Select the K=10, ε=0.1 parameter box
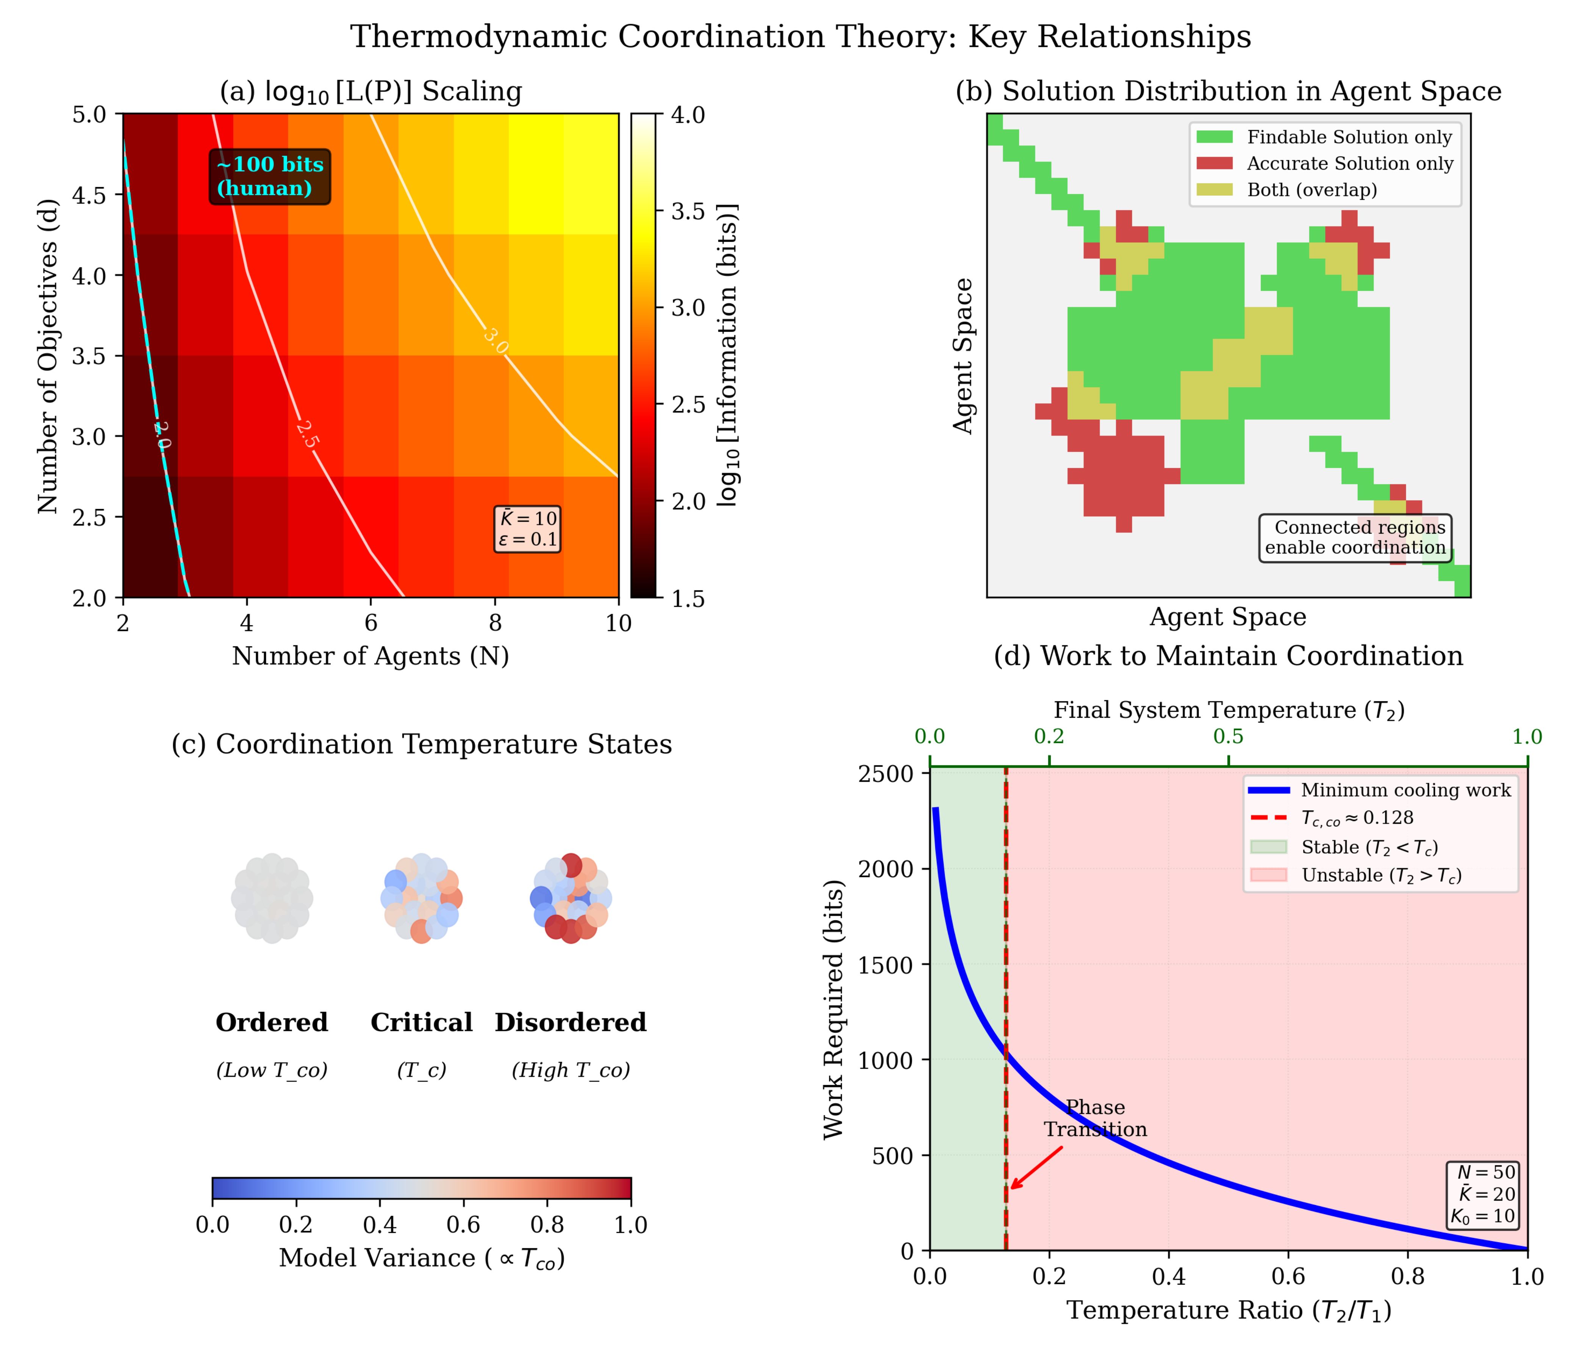click(x=528, y=529)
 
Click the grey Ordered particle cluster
click(x=272, y=898)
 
